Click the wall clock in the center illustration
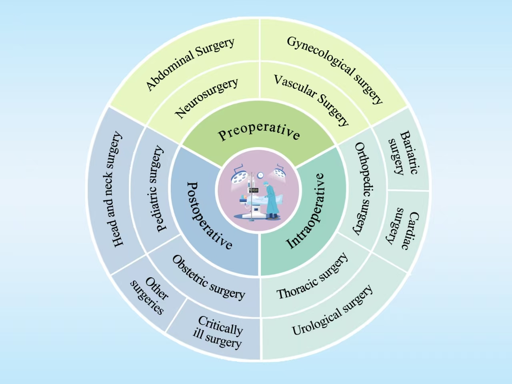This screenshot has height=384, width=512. point(260,175)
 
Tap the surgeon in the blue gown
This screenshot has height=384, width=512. point(272,198)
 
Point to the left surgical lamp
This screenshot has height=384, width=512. point(239,175)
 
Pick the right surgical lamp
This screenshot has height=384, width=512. point(280,172)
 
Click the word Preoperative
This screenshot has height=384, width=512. point(259,131)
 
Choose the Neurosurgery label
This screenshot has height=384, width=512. point(206,98)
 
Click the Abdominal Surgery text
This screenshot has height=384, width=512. point(190,64)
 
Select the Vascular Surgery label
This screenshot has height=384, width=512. point(312,99)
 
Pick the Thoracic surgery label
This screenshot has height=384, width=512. point(312,276)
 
